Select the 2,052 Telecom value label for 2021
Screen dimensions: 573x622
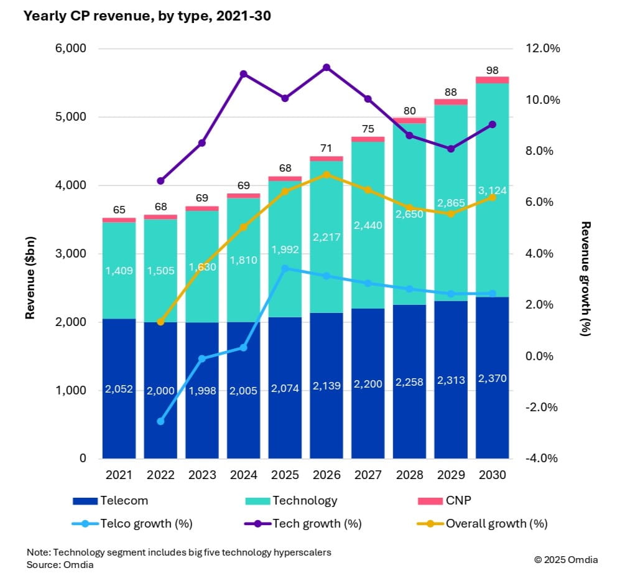(119, 389)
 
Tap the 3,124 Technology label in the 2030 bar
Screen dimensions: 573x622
(492, 190)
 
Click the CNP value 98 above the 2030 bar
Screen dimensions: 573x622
(492, 70)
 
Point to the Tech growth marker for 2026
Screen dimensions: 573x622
(327, 67)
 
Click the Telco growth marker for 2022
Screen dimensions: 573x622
(160, 421)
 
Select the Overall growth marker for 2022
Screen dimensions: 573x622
(160, 322)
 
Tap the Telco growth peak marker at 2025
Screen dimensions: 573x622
(285, 269)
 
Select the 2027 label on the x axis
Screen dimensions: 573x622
(368, 475)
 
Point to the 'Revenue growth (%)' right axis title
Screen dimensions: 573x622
(585, 278)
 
